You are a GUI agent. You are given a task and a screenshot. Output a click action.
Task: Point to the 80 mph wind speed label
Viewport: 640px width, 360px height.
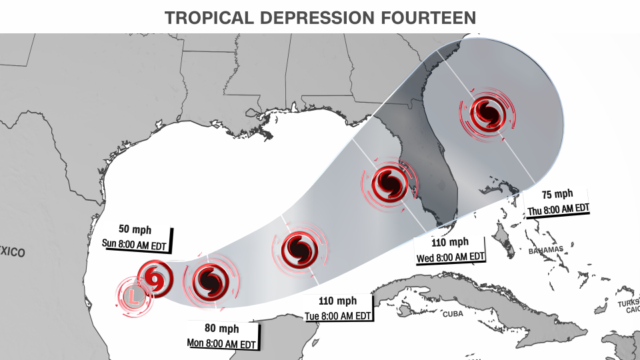coord(221,329)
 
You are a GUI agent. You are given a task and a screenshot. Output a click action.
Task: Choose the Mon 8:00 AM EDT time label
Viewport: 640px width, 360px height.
coord(221,344)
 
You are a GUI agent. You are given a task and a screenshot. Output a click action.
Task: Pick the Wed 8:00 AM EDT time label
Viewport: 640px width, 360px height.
coord(450,257)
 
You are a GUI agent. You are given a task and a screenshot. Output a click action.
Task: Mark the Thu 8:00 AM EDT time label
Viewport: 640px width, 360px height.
coord(559,208)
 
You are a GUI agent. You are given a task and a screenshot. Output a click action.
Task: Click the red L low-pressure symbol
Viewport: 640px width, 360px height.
coord(134,295)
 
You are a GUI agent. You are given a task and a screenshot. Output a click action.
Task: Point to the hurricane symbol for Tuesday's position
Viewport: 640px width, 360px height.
coord(298,251)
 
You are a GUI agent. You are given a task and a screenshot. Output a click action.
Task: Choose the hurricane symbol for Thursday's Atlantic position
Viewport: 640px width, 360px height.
coord(488,112)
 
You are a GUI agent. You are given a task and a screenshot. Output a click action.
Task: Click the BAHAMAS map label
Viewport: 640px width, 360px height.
coord(545,249)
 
